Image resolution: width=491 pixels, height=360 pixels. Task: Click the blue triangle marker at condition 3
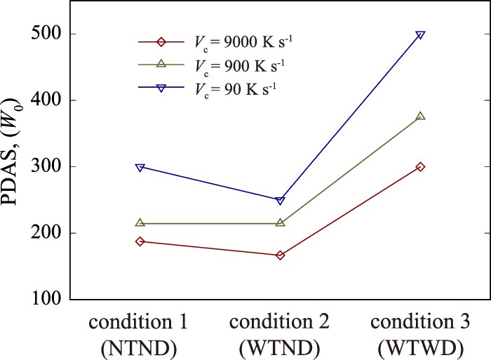click(420, 35)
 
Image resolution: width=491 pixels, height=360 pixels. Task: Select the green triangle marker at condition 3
click(420, 116)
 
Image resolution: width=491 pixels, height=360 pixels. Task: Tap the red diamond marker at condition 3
click(420, 167)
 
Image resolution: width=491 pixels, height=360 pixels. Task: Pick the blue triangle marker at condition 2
click(281, 200)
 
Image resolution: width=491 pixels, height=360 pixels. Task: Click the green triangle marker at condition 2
click(281, 222)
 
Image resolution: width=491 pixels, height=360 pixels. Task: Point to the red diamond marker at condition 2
click(281, 255)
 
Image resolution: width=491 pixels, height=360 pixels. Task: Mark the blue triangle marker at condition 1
click(140, 168)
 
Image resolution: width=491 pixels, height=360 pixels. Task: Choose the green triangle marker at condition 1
click(140, 222)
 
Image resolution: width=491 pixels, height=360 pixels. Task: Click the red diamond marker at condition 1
click(140, 241)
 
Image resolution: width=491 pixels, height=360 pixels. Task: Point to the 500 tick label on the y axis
click(46, 34)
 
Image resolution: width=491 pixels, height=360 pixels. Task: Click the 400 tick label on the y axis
click(46, 100)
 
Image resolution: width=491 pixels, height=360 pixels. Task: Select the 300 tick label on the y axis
click(46, 167)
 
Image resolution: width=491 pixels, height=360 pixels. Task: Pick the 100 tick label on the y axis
click(46, 300)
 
